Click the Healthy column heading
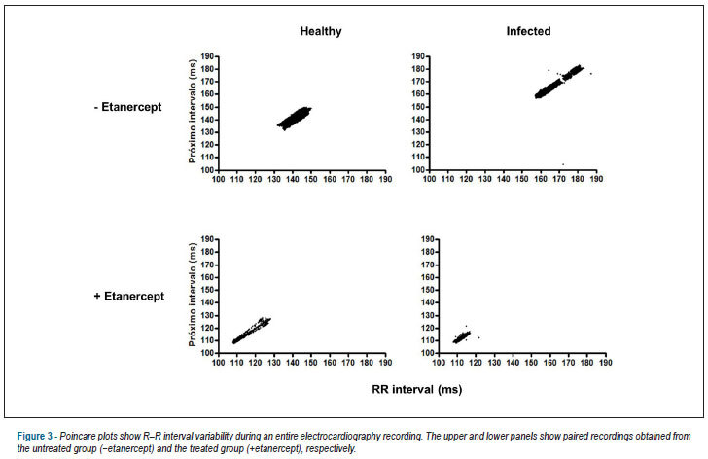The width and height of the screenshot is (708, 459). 321,31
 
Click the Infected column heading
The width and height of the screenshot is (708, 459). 528,31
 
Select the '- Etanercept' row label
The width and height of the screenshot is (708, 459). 127,107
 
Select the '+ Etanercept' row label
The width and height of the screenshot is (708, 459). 129,297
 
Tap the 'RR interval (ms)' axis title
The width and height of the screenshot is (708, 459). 417,390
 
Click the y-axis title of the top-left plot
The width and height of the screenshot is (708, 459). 193,111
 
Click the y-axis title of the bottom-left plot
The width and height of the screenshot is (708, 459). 193,295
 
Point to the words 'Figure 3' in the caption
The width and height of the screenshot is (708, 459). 35,437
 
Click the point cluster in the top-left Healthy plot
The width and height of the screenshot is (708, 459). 295,119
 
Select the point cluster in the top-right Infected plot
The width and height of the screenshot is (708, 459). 559,82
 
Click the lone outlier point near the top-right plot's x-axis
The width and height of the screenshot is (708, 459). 563,164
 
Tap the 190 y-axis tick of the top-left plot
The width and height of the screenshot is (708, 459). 207,56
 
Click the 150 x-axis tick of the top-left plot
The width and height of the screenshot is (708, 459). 311,179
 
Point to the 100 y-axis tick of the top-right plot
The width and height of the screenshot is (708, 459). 418,170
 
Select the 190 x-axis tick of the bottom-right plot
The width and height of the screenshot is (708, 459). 606,363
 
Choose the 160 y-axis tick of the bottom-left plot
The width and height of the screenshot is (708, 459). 207,277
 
